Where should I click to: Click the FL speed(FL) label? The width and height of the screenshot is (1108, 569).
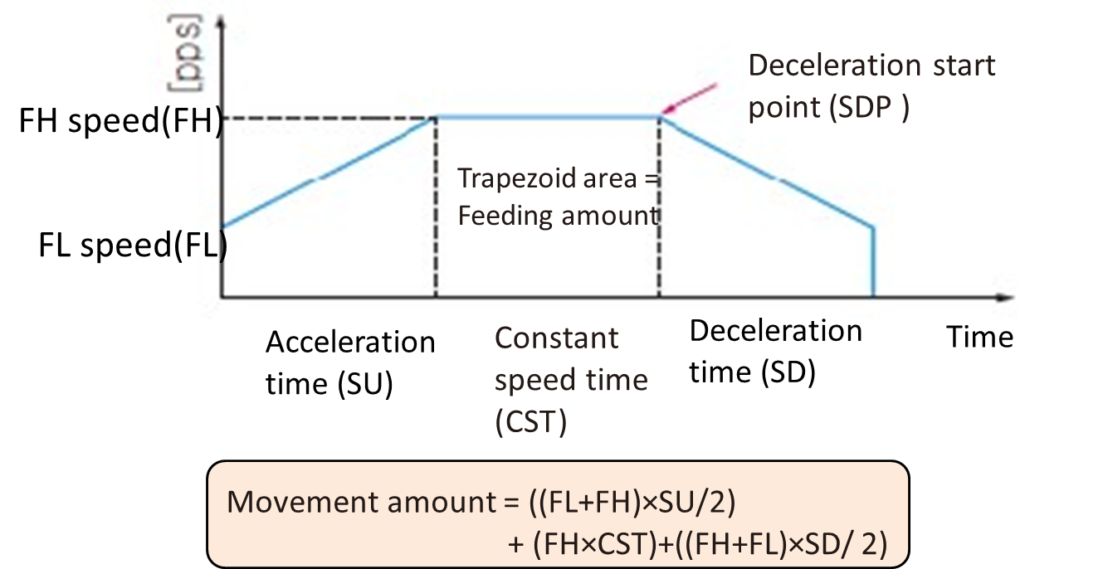(x=133, y=246)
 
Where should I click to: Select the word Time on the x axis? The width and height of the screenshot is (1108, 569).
(x=980, y=338)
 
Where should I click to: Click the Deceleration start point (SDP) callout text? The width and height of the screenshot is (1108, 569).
(x=871, y=86)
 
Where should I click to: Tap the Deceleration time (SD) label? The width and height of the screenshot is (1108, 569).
(x=775, y=351)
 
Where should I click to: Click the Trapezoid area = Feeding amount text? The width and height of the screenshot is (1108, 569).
(x=558, y=197)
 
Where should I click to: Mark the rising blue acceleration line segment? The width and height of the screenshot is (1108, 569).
(x=328, y=173)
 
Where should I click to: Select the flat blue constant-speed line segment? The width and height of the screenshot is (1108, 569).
(x=548, y=116)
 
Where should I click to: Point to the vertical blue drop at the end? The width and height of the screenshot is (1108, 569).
(x=873, y=261)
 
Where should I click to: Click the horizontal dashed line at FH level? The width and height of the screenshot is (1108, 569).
(x=332, y=118)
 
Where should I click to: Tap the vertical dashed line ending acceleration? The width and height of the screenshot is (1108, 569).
(x=437, y=207)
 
